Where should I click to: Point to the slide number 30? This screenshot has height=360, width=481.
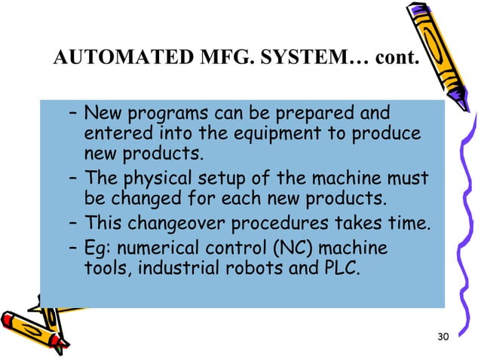tap(443, 336)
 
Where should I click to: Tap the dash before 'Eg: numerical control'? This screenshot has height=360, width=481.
tap(71, 247)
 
